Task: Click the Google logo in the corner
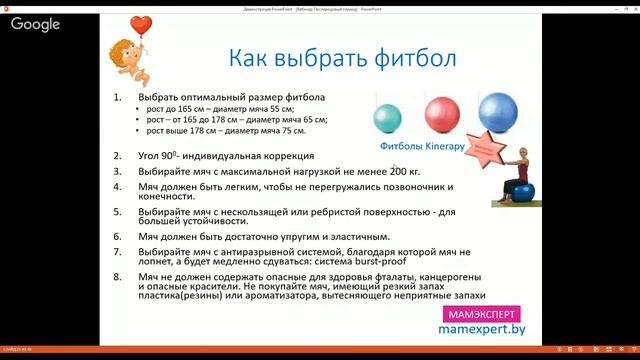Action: [36, 24]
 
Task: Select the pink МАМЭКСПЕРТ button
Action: [485, 312]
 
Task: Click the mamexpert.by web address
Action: [485, 328]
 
